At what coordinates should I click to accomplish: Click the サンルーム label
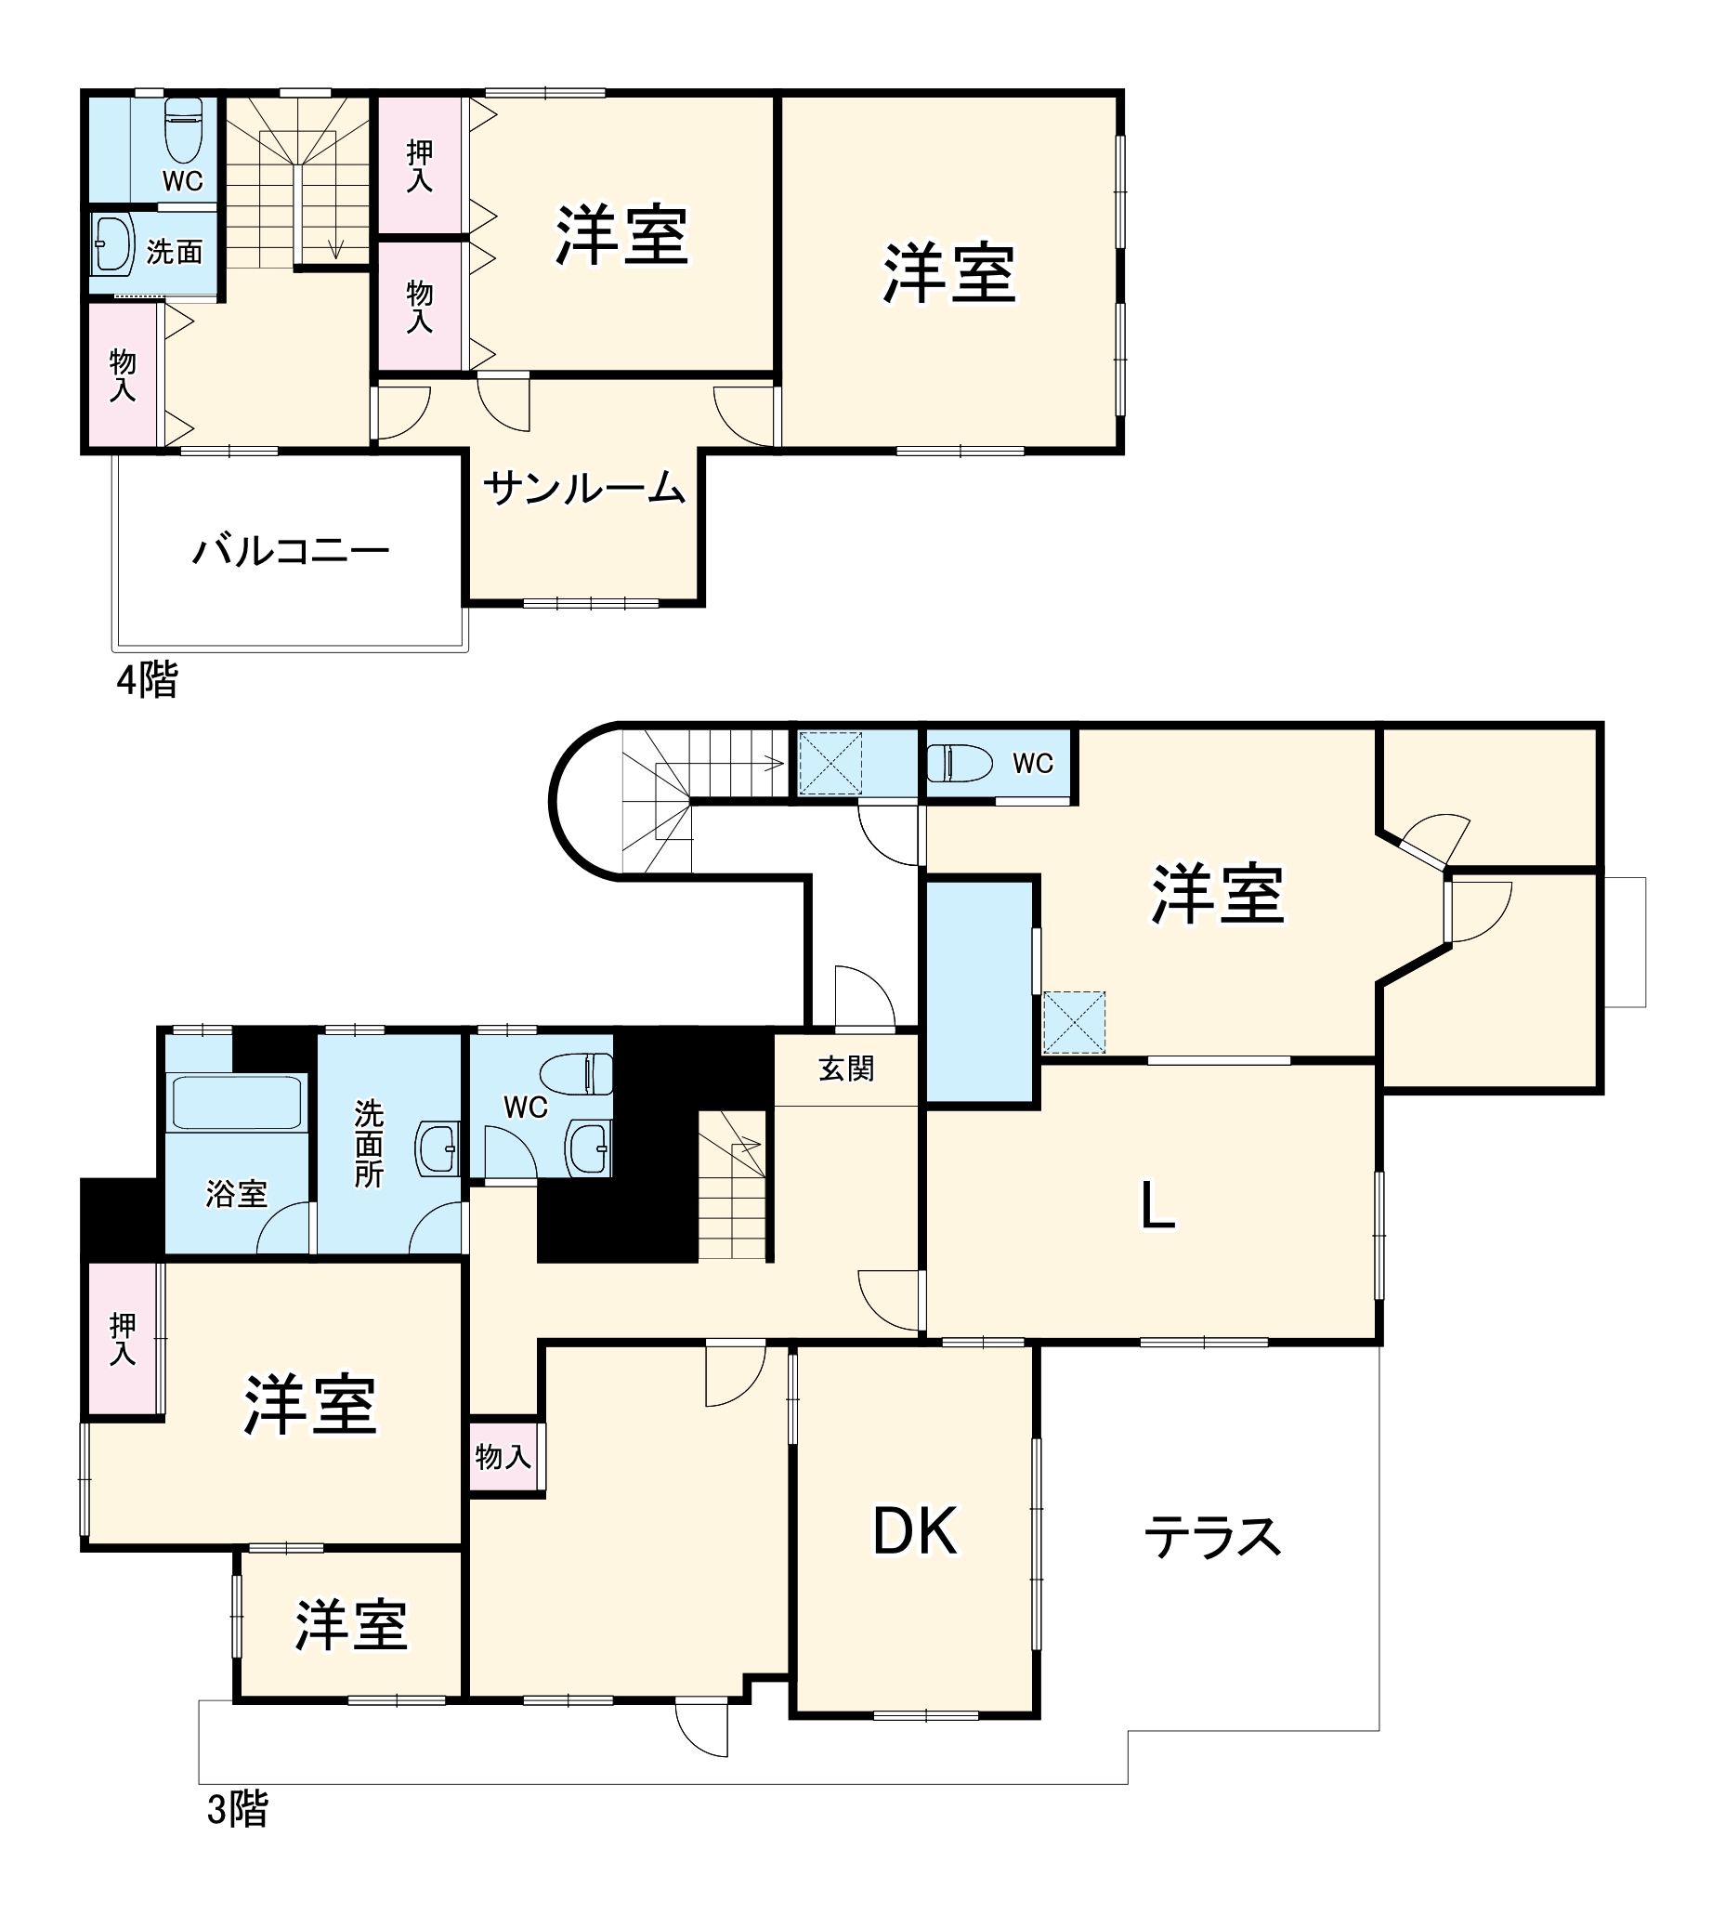pos(584,489)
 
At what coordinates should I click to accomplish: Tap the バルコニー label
pos(291,551)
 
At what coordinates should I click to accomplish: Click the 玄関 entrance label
pos(845,1069)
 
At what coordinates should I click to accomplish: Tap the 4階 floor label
pos(147,680)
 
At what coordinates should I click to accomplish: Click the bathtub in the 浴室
pos(237,1103)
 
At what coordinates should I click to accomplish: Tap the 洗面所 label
pos(369,1143)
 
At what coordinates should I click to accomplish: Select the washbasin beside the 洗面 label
pos(112,243)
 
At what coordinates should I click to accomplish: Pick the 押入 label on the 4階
pos(419,166)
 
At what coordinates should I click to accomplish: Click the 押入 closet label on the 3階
pos(123,1339)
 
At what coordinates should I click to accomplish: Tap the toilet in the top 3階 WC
pos(960,763)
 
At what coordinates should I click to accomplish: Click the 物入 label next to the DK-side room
pos(503,1456)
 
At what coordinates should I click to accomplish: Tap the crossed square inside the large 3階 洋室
pos(1074,1022)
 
